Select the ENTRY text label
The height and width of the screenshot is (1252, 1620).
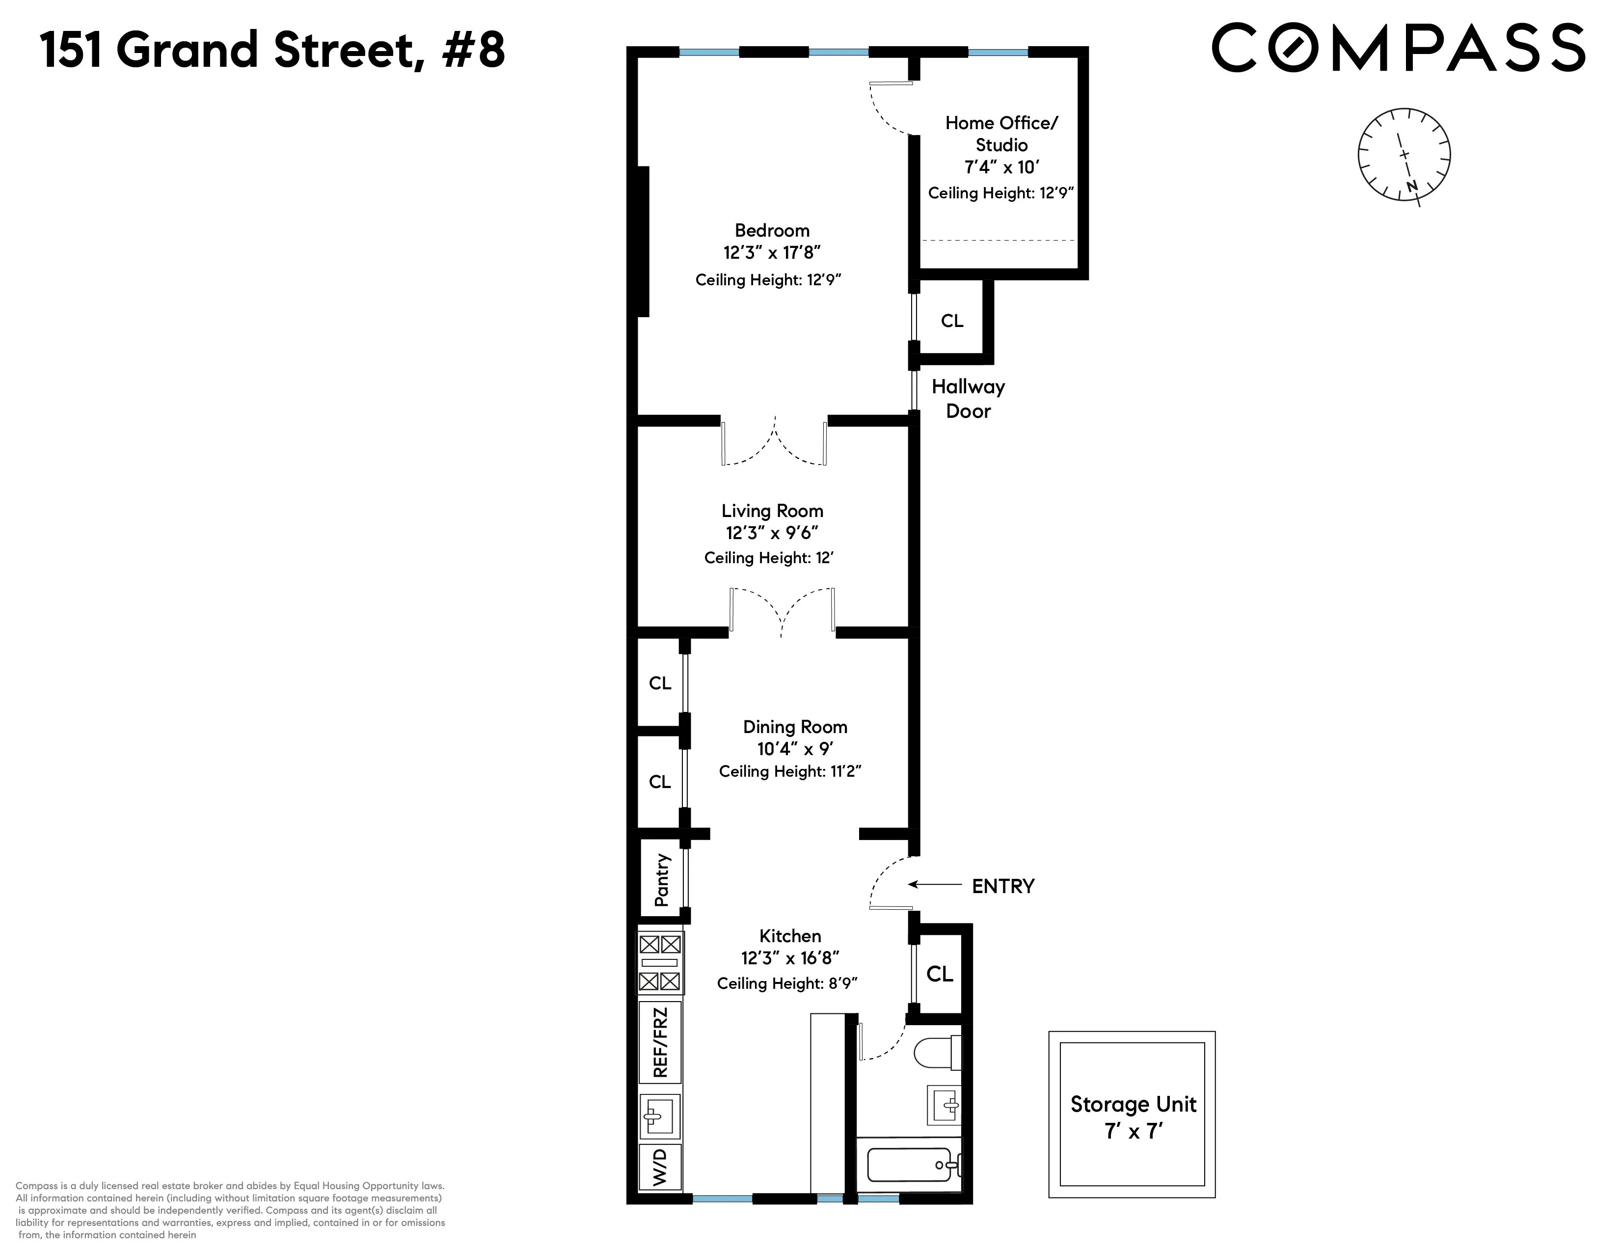(x=1003, y=886)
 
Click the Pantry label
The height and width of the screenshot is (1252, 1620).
(x=662, y=880)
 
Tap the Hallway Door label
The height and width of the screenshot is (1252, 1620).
(x=968, y=398)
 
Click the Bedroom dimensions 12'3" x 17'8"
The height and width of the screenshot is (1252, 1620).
(x=771, y=253)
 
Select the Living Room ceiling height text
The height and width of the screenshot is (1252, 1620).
(x=768, y=558)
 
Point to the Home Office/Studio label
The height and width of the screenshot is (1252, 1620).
(x=1001, y=134)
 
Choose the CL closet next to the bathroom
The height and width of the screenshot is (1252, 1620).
(x=939, y=974)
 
